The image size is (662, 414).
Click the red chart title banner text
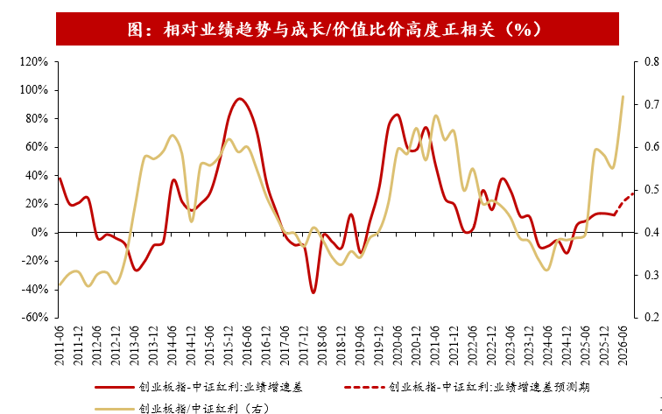tap(334, 30)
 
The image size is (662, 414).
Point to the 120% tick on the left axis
tap(34, 61)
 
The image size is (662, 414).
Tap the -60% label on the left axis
tap(35, 318)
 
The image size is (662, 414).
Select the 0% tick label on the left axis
tap(41, 233)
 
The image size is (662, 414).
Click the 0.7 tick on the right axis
tap(651, 104)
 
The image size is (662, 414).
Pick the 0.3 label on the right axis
tap(651, 275)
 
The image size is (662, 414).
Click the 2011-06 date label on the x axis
tap(60, 346)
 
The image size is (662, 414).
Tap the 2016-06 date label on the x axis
tap(247, 346)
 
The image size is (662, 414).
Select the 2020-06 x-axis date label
tap(398, 346)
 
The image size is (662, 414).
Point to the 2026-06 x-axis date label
tap(623, 346)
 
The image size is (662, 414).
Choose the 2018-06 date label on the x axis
tap(322, 346)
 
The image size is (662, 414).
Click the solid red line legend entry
tap(199, 387)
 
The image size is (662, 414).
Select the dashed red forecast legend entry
tap(467, 387)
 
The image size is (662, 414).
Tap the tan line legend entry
tap(182, 409)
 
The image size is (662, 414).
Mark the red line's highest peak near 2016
tap(240, 99)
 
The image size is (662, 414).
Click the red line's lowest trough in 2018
tap(313, 292)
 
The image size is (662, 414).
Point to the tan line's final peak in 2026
tap(623, 96)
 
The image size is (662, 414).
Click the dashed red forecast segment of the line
tap(624, 203)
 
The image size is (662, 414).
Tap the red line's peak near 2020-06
tap(397, 115)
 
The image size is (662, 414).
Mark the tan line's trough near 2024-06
tap(546, 270)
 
